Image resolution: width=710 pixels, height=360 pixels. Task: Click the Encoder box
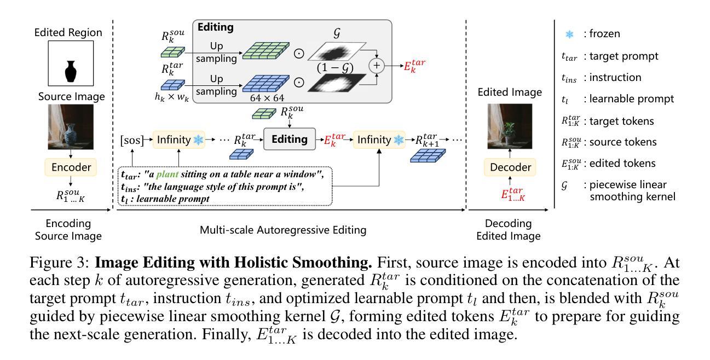[71, 166]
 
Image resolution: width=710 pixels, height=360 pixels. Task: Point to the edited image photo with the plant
[509, 127]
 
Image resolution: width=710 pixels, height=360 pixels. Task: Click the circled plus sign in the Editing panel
[376, 66]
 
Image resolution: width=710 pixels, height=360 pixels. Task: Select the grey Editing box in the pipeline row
[290, 140]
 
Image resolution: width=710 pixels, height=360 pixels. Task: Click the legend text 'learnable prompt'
[628, 99]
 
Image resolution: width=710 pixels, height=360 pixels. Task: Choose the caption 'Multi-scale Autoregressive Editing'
[283, 230]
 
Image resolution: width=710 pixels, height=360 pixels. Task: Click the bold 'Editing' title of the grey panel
[215, 27]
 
